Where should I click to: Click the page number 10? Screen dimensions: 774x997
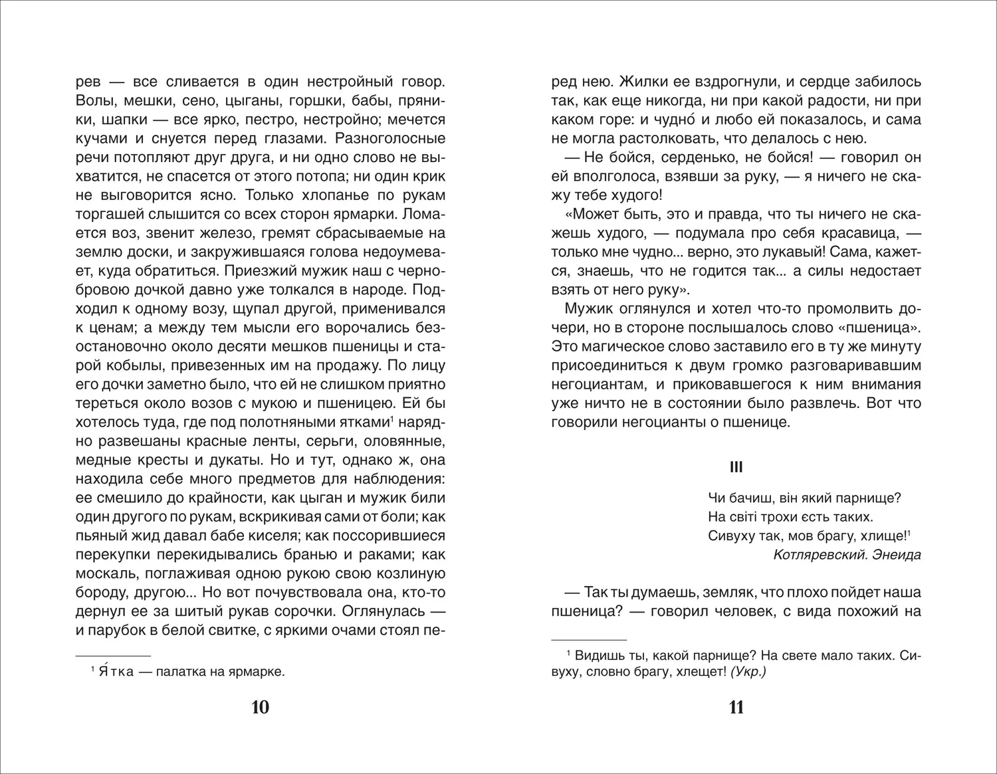point(261,708)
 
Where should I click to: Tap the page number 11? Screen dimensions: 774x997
point(736,708)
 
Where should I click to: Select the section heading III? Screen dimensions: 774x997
point(736,468)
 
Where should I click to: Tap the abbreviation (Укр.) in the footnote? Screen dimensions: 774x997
point(748,672)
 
